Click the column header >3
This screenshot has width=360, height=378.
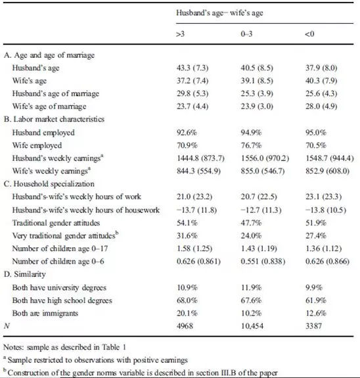pyautogui.click(x=181, y=34)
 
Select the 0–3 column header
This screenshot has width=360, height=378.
pyautogui.click(x=246, y=34)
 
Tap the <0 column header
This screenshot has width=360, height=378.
pyautogui.click(x=309, y=34)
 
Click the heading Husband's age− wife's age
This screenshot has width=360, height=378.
pyautogui.click(x=219, y=12)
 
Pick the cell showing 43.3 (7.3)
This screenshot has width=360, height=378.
pyautogui.click(x=192, y=68)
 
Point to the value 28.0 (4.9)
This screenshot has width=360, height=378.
pyautogui.click(x=321, y=106)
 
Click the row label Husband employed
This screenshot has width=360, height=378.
pyautogui.click(x=43, y=133)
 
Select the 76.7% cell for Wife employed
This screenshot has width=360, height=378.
pyautogui.click(x=252, y=145)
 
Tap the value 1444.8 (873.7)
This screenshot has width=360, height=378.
pyautogui.click(x=200, y=158)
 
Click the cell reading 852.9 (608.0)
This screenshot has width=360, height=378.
pyautogui.click(x=327, y=171)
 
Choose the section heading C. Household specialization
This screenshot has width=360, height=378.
pyautogui.click(x=49, y=184)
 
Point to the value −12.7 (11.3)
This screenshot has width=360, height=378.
pyautogui.click(x=261, y=210)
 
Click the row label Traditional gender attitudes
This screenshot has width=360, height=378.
pyautogui.click(x=56, y=223)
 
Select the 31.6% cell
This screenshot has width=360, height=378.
pyautogui.click(x=187, y=235)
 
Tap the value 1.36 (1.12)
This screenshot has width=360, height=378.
pyautogui.click(x=324, y=248)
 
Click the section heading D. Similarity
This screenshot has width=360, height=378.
pyautogui.click(x=24, y=274)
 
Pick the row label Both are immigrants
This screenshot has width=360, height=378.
pyautogui.click(x=45, y=313)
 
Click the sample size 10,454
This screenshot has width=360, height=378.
pyautogui.click(x=252, y=326)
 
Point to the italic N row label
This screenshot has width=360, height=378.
pyautogui.click(x=7, y=326)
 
